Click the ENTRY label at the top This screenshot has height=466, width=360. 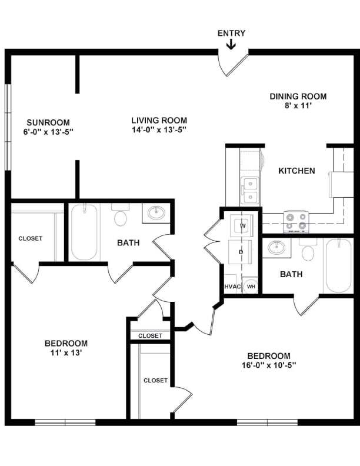point(231,34)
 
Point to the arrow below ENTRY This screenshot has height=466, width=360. point(231,45)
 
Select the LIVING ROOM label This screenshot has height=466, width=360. point(159,121)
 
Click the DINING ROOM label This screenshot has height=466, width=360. point(298,96)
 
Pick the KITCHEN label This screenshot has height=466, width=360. point(296,171)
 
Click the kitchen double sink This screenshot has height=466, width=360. point(249,189)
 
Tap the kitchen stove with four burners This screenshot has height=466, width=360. point(296,220)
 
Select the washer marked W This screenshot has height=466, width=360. point(242,226)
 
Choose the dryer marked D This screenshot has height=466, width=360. point(241,252)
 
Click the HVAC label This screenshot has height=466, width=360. point(231,287)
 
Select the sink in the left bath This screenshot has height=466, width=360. point(156,212)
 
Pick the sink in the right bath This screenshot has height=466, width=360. point(276,247)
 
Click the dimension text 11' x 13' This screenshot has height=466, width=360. point(66,353)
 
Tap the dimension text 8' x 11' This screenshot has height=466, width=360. point(298,106)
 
